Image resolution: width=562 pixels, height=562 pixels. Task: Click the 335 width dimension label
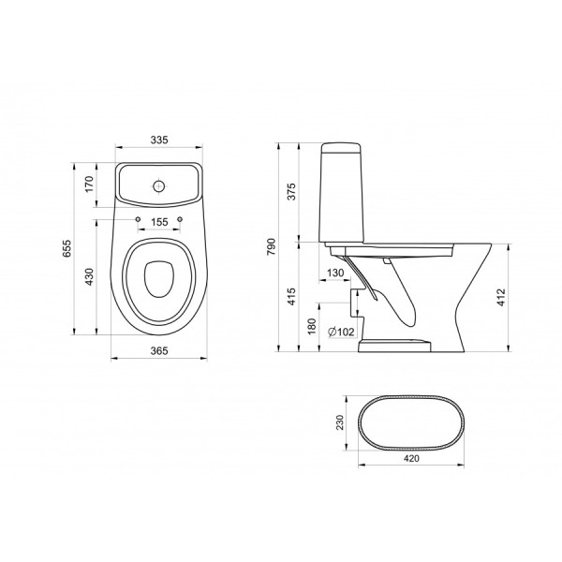[x=159, y=140]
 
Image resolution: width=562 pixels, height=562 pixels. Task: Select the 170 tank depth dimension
[x=89, y=184]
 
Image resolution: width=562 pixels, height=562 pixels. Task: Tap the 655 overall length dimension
[x=67, y=248]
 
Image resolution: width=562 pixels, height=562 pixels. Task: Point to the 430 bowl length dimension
[x=89, y=276]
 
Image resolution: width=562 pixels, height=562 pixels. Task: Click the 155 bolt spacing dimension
[x=159, y=222]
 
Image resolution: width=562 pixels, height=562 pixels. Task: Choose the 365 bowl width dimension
[x=159, y=350]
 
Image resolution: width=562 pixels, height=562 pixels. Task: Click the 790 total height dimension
[x=271, y=246]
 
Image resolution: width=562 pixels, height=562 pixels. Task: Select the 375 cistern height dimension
[x=292, y=192]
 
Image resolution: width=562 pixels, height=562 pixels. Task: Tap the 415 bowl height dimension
[x=292, y=296]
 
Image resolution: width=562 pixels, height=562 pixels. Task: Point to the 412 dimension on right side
[x=502, y=297]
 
